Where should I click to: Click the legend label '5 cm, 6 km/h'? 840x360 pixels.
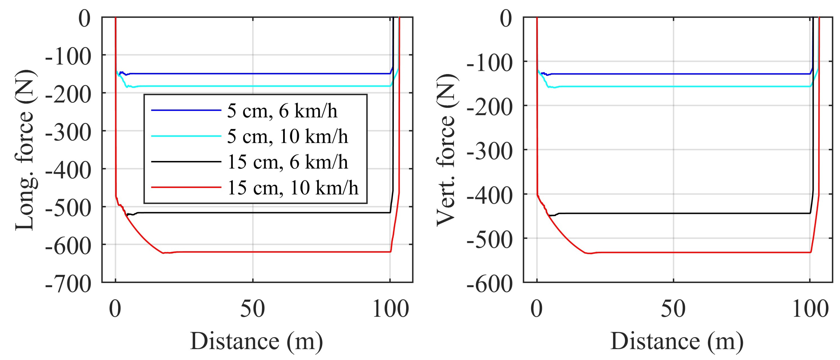[x=282, y=111]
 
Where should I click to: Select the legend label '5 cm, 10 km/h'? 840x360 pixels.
[x=287, y=136]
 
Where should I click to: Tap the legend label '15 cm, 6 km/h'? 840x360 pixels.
[x=287, y=162]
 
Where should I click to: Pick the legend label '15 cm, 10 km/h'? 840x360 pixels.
[x=292, y=188]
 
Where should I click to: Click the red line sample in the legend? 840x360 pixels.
[x=186, y=187]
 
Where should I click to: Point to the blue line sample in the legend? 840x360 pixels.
[x=186, y=110]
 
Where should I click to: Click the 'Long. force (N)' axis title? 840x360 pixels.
[x=25, y=150]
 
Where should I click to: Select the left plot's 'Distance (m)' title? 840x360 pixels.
[x=256, y=342]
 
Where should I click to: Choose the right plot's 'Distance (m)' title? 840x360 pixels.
[x=677, y=342]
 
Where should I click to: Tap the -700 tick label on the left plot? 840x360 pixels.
[x=68, y=284]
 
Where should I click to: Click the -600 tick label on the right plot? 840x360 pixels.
[x=490, y=284]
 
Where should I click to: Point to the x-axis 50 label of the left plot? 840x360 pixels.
[x=252, y=309]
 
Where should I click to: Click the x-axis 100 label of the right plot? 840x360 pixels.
[x=810, y=309]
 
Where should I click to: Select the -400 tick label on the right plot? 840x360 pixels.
[x=490, y=196]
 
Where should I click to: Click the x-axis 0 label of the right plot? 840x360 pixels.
[x=536, y=309]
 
